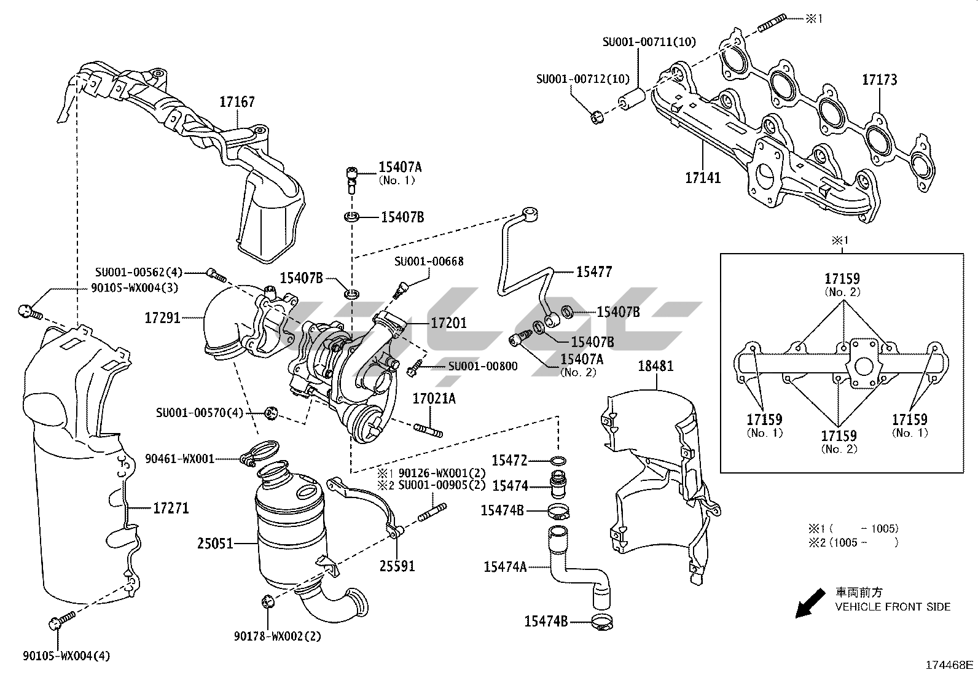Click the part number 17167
coord(237,102)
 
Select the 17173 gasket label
coord(879,80)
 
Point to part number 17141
coord(703,178)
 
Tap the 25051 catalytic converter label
coord(216,544)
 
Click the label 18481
coord(655,366)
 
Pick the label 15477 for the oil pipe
coord(594,271)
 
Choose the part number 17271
coord(171,509)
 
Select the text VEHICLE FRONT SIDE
coord(893,607)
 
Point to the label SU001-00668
coord(429,262)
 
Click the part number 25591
coord(397,565)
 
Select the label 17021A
coord(434,399)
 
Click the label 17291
coord(163,318)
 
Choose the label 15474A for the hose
coord(505,567)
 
